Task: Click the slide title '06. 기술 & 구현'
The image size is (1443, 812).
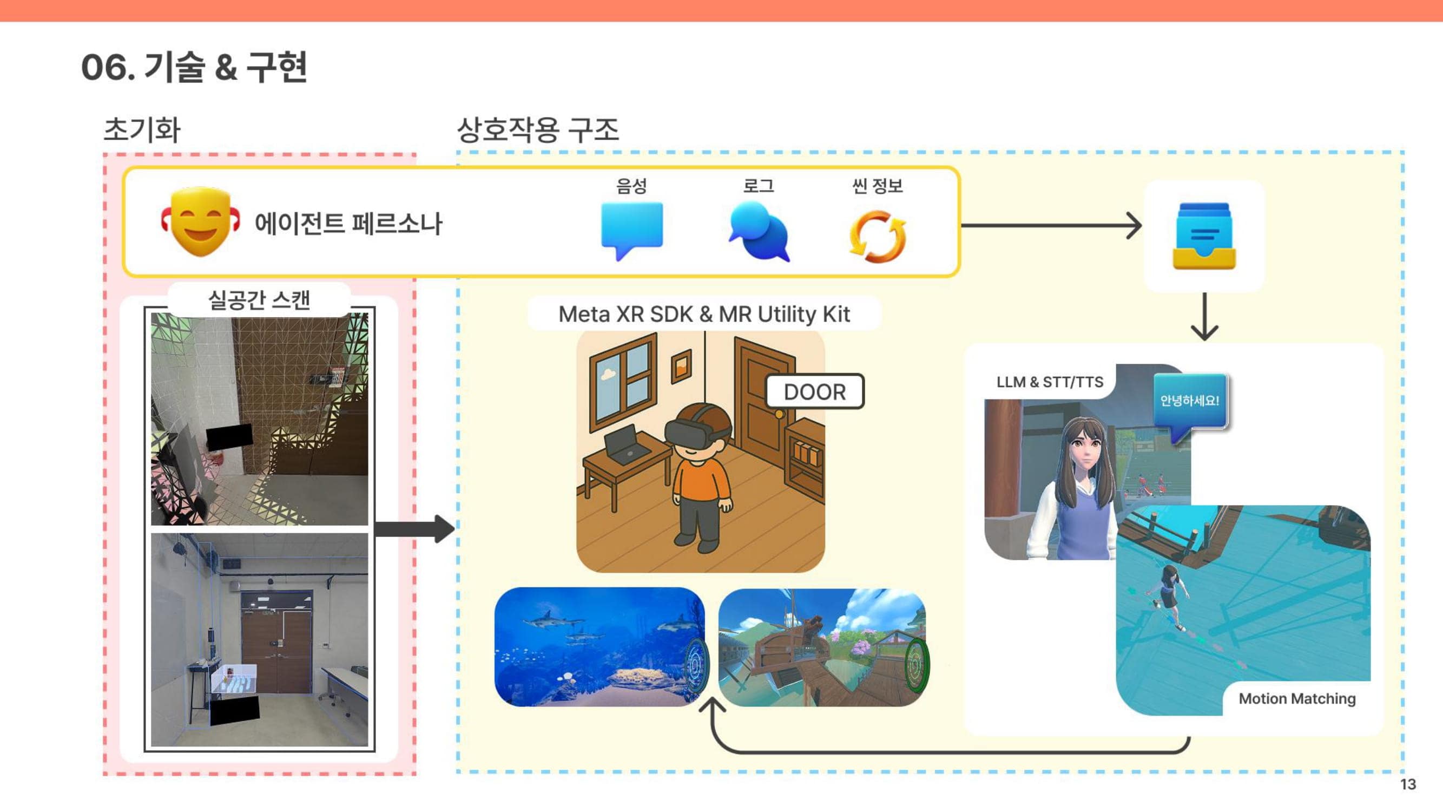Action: (194, 67)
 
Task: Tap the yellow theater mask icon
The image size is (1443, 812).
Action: (201, 222)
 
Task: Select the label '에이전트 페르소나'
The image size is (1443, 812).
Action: (348, 224)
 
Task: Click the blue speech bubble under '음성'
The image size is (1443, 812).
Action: (632, 230)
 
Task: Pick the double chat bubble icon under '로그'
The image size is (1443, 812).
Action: (759, 232)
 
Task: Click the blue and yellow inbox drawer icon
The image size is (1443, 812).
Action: (1204, 236)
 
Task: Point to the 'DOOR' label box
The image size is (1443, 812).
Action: (814, 392)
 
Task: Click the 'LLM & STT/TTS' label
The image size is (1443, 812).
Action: (1050, 382)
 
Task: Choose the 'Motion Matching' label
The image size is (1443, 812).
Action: (1297, 699)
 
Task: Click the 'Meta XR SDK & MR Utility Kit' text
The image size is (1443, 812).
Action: (704, 315)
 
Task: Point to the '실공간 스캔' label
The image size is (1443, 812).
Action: (259, 300)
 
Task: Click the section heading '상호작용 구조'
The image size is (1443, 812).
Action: (538, 130)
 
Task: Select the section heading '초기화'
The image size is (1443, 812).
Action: (142, 130)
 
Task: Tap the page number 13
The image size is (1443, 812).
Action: (1408, 784)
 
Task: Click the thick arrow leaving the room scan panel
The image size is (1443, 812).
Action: (414, 528)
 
